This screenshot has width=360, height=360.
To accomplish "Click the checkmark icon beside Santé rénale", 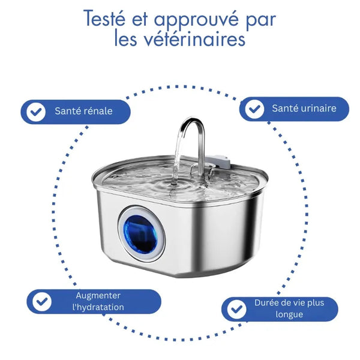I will click(x=37, y=112).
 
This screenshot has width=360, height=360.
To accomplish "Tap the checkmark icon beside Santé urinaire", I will click(x=255, y=109).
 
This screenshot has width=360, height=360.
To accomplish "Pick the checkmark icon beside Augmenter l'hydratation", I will click(x=41, y=301).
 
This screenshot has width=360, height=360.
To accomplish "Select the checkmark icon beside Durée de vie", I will click(x=237, y=309).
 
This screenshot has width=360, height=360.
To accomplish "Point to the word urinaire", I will click(x=317, y=109).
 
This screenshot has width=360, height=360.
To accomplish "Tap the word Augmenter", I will click(x=98, y=295).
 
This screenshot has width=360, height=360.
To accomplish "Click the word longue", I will click(x=290, y=314).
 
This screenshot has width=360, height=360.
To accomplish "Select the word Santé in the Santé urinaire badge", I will click(x=284, y=109).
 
